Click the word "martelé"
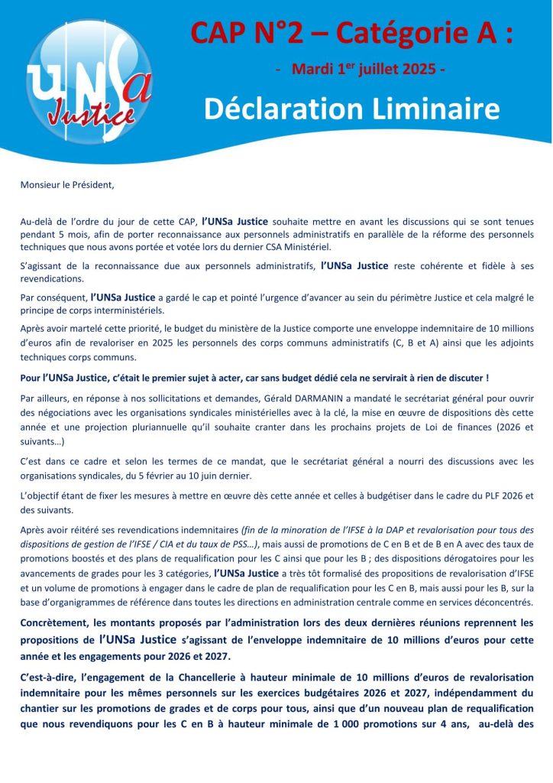coord(90,330)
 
